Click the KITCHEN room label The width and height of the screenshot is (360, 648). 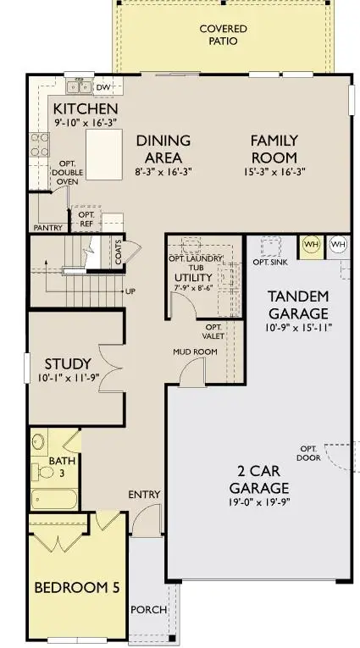(86, 110)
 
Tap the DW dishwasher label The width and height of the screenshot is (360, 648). (103, 86)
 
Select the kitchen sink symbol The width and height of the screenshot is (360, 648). (81, 86)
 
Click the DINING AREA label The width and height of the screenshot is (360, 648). (163, 148)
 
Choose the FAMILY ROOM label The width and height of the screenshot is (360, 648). (273, 148)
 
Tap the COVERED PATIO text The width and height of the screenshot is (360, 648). (224, 35)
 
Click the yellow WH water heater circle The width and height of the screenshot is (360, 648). (311, 245)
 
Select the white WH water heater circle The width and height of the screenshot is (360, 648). (337, 245)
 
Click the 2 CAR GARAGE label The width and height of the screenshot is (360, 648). (259, 479)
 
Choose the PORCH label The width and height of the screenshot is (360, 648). (148, 610)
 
